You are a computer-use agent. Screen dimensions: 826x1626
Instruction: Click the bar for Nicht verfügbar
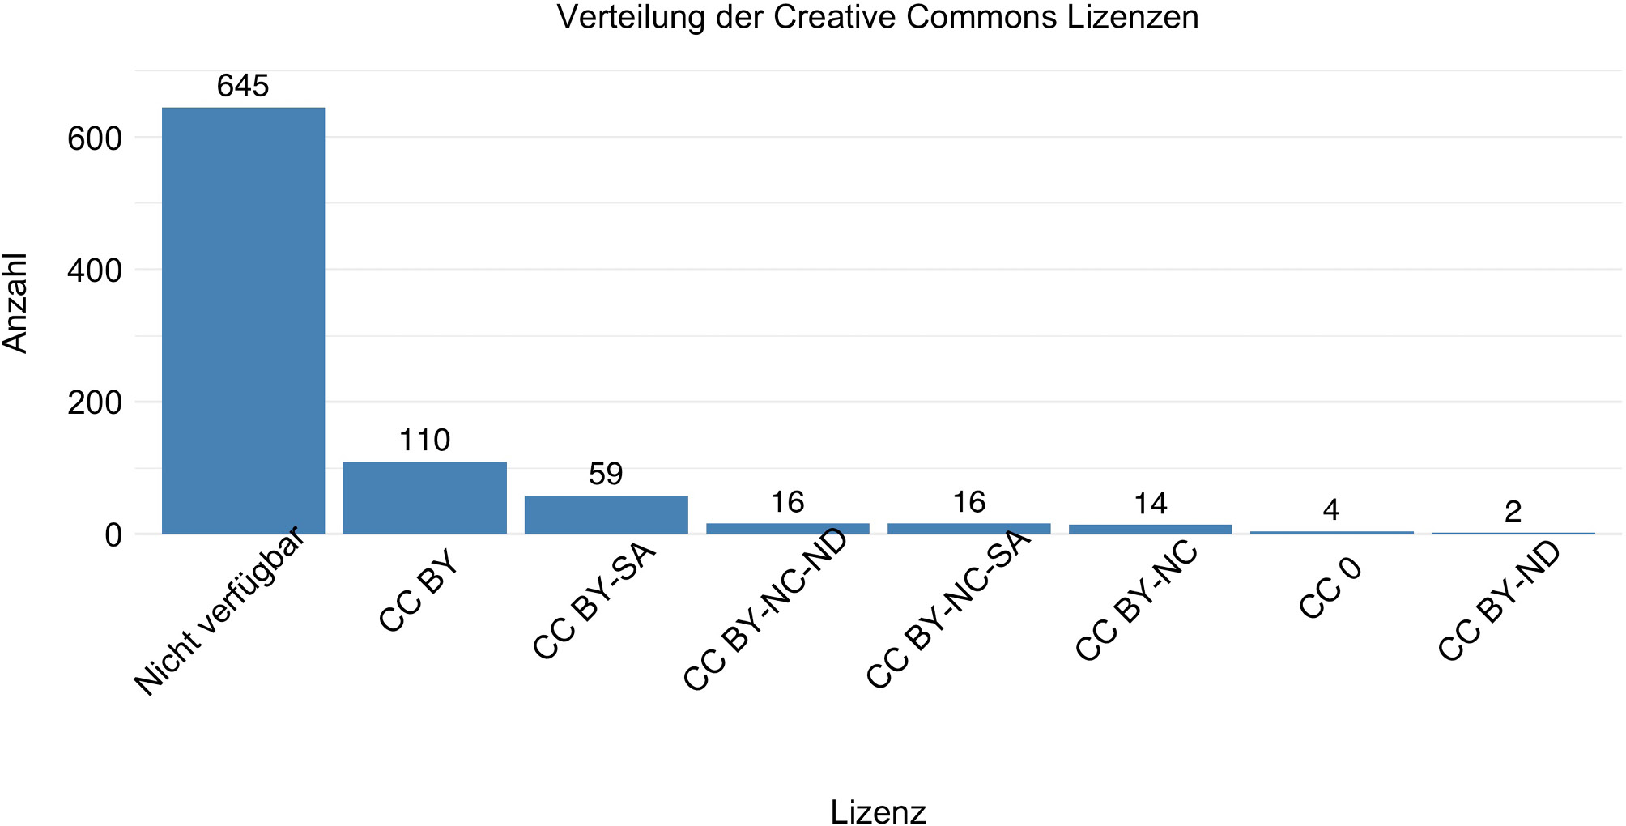click(243, 320)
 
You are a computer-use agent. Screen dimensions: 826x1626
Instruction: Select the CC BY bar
click(424, 497)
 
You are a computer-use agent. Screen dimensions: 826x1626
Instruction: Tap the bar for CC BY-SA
click(606, 514)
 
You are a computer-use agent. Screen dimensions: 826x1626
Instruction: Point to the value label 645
click(243, 86)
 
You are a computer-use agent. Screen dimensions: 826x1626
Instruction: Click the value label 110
click(424, 441)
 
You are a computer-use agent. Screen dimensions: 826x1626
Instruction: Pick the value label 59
click(606, 474)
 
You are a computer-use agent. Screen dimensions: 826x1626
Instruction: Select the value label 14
click(1150, 504)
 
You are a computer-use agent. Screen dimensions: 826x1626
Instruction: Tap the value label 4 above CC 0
click(1331, 510)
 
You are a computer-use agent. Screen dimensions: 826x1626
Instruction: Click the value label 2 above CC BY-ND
click(1513, 511)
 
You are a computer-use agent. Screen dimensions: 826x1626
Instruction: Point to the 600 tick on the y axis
click(94, 138)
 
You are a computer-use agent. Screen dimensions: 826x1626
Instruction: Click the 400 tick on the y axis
click(94, 270)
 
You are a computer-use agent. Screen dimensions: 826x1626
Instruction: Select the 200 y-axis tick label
click(94, 402)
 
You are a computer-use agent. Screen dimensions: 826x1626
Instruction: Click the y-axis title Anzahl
click(16, 303)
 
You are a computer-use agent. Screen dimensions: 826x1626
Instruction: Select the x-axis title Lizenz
click(878, 811)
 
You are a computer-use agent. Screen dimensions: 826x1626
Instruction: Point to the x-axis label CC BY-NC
click(1136, 601)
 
